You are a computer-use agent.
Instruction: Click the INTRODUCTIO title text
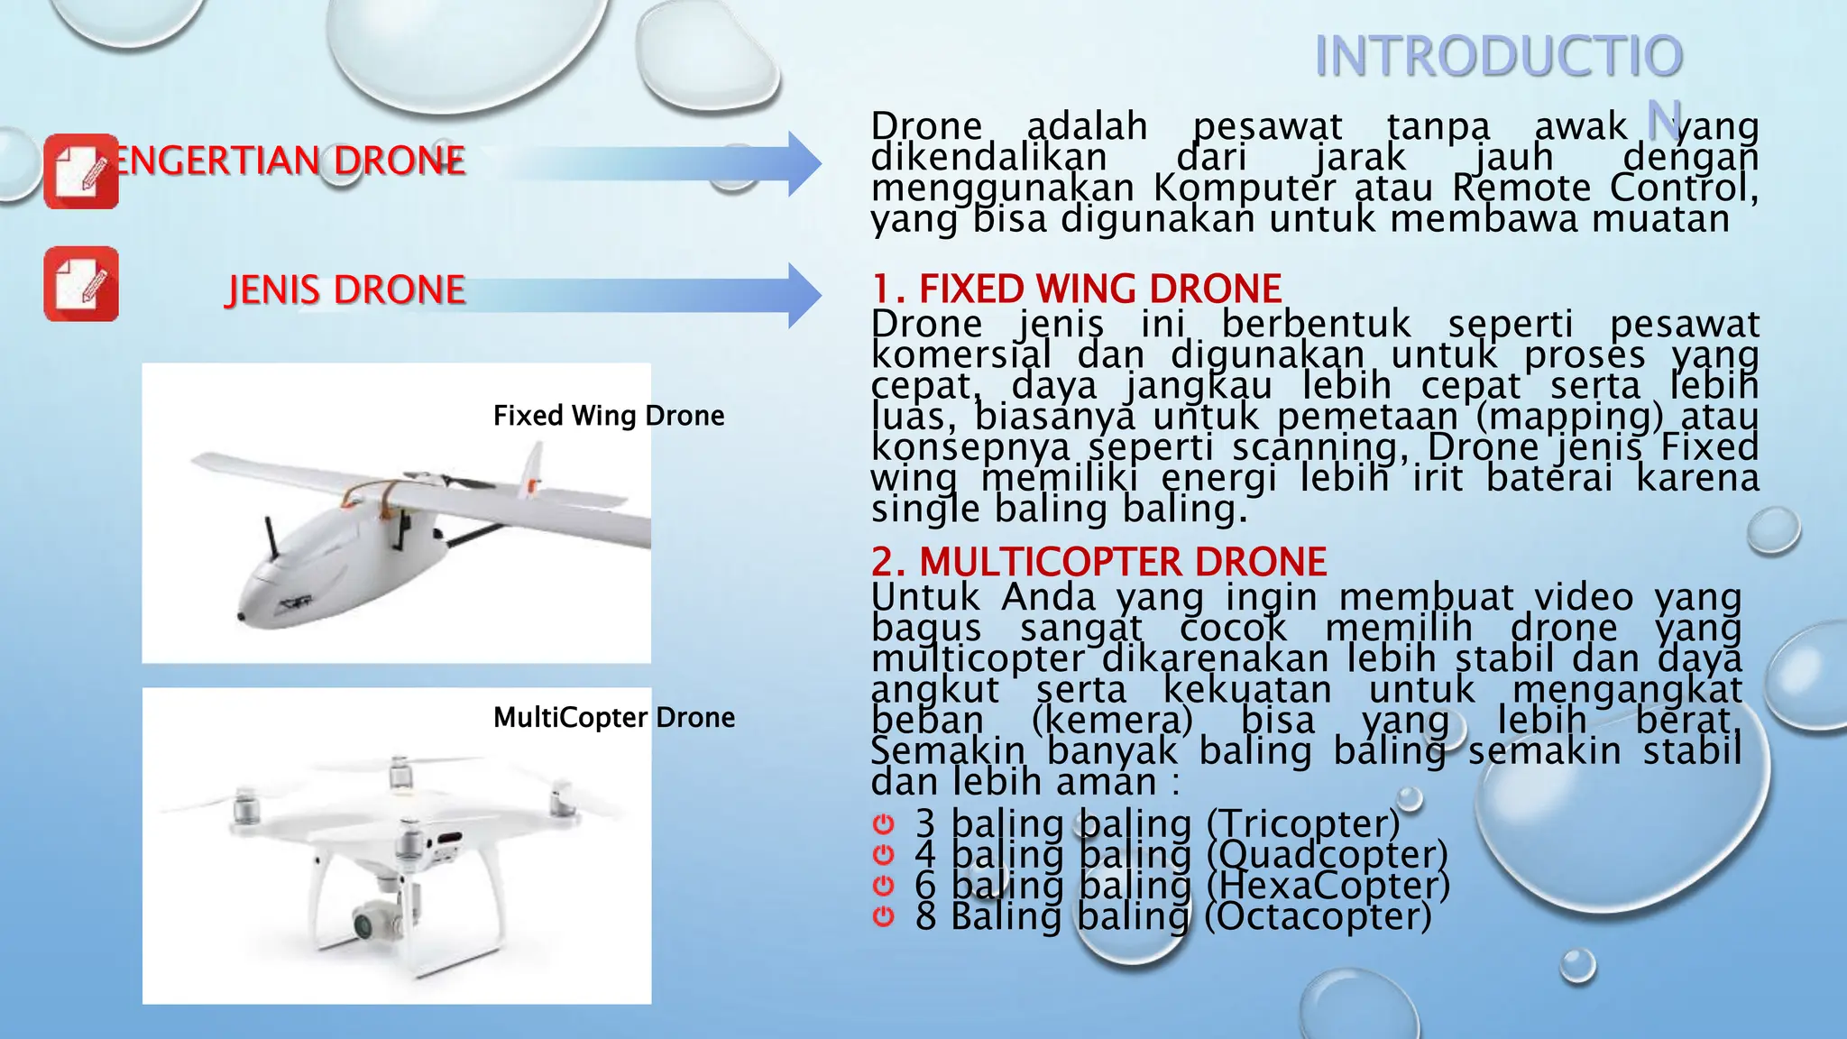coord(1498,56)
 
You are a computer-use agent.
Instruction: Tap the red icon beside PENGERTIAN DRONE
coord(80,171)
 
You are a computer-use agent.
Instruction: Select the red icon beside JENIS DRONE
coord(80,283)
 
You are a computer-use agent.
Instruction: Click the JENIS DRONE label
coord(345,290)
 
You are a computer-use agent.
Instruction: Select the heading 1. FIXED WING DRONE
coord(1076,289)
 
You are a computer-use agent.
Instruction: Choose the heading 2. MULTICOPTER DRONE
coord(1098,561)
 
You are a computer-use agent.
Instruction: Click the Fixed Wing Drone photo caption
coord(609,416)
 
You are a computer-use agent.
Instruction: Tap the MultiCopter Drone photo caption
coord(613,718)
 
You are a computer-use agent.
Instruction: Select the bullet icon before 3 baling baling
coord(884,823)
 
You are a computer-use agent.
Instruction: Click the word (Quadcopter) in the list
coord(1327,854)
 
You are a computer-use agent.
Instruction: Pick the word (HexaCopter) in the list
coord(1328,885)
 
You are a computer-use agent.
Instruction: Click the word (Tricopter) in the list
coord(1302,823)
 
